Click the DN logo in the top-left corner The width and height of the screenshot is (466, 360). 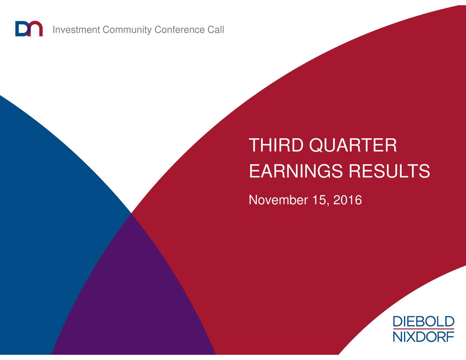click(29, 29)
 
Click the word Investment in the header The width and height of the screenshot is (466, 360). click(76, 30)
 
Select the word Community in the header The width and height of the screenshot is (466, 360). click(127, 30)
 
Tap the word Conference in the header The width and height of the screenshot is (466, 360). click(179, 30)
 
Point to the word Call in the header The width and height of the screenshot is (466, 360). click(216, 30)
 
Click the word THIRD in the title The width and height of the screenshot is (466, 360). click(276, 146)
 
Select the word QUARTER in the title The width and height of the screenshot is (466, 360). click(353, 146)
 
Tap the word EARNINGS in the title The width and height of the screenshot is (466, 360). click(296, 171)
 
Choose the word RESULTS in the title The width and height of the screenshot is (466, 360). click(389, 171)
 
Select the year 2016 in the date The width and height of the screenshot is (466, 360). click(347, 200)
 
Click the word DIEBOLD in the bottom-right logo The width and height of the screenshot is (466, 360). click(423, 322)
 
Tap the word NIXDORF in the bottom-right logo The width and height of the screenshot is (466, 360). click(423, 336)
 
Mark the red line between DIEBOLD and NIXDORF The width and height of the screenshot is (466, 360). click(423, 329)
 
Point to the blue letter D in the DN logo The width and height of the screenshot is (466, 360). click(22, 29)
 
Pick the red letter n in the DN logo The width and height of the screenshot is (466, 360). click(36, 29)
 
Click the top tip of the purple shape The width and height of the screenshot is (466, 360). click(131, 214)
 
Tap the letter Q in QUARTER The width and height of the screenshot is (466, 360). click(317, 146)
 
